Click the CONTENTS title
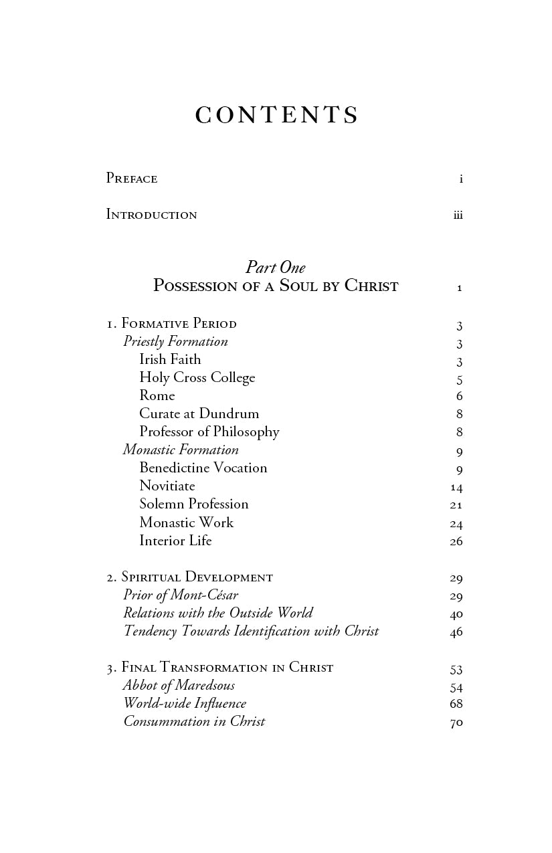pos(276,116)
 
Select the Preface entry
pos(132,179)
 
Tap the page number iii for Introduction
pos(458,215)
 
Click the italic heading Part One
pos(276,268)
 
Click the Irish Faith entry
pos(170,359)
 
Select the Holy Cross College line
pos(197,377)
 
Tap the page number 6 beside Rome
pos(459,396)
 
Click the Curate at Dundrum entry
pos(199,413)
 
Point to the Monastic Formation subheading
pos(181,450)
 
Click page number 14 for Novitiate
pos(456,487)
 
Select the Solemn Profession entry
pos(193,504)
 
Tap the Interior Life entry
pos(175,541)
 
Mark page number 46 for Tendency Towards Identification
pos(456,632)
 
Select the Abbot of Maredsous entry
pos(179,686)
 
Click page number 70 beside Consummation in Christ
pos(456,723)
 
